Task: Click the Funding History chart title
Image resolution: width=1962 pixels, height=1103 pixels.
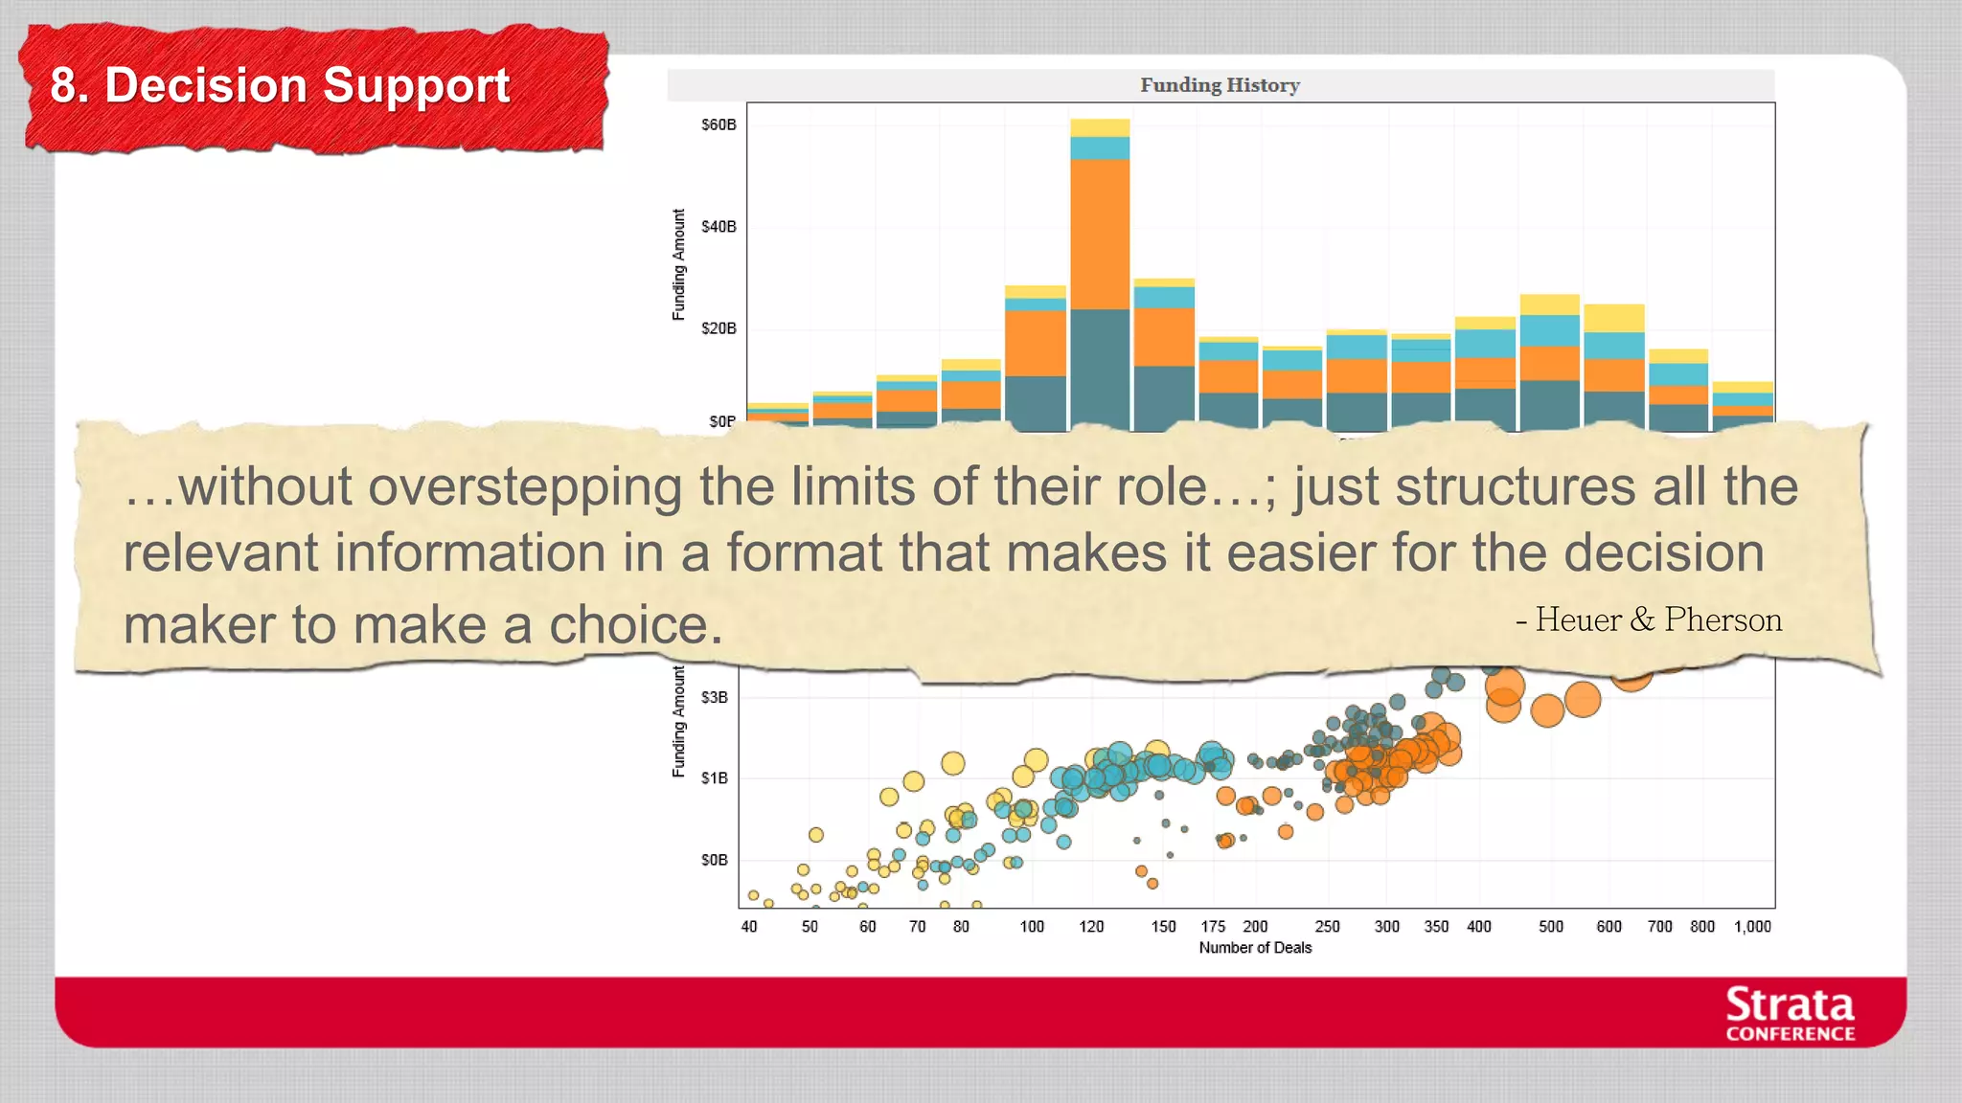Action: [1220, 85]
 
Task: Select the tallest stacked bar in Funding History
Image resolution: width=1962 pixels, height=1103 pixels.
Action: [1100, 278]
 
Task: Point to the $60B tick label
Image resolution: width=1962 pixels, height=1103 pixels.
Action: [719, 125]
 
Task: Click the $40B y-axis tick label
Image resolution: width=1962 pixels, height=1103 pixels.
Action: [719, 227]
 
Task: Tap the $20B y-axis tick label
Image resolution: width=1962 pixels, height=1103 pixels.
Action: [719, 328]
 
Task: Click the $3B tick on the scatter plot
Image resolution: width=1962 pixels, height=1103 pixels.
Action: [715, 698]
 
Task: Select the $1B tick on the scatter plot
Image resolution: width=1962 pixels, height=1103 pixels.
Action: [715, 778]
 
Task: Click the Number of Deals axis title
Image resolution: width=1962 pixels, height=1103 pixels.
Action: [1255, 948]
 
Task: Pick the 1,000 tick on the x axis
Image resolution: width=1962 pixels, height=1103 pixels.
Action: [1752, 927]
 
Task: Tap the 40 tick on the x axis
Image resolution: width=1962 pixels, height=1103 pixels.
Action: [749, 927]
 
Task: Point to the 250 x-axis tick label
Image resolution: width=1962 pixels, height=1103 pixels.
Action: [1327, 927]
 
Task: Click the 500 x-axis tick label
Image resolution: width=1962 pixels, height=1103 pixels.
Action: [1551, 927]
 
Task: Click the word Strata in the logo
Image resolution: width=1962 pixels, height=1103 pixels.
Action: [1790, 1005]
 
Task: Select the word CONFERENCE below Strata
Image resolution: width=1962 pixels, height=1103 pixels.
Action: [1790, 1034]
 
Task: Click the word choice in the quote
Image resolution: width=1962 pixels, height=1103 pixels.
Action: [634, 625]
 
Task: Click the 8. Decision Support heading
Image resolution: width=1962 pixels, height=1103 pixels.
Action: [280, 85]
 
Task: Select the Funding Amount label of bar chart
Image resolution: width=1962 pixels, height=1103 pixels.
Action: [679, 264]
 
